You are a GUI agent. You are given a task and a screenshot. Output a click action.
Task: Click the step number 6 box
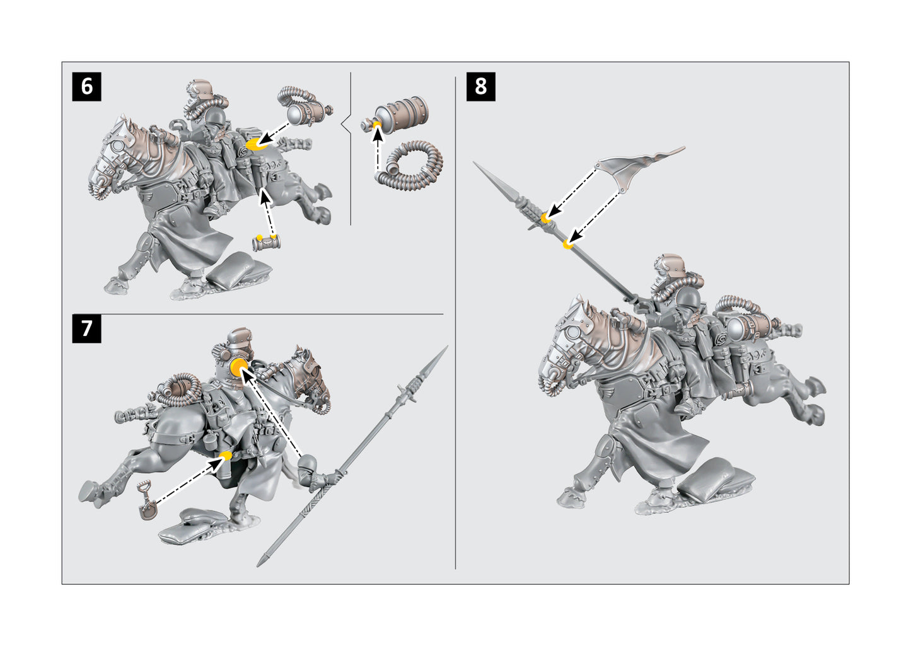pos(87,86)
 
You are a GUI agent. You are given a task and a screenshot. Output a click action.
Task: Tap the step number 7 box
pos(87,328)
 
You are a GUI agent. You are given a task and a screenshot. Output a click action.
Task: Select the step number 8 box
pos(480,86)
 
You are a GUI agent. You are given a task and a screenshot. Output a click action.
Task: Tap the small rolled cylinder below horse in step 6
pos(265,243)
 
